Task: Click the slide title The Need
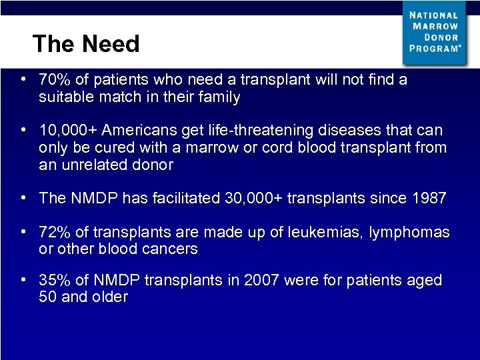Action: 86,44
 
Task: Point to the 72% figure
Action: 52,233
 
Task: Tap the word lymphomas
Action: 412,233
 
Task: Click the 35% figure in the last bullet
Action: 52,281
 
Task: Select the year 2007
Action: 262,281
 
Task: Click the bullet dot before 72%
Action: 23,232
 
